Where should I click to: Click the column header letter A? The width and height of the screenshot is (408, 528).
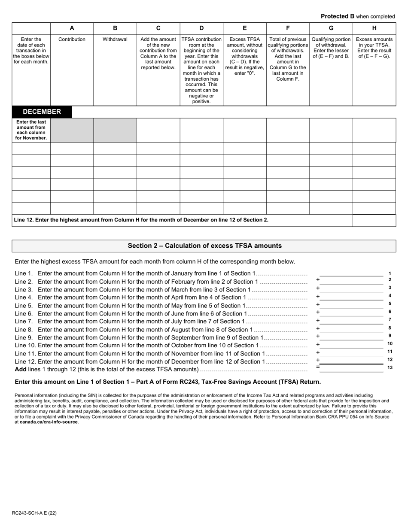click(x=72, y=28)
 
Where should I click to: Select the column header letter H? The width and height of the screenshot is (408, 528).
click(x=374, y=28)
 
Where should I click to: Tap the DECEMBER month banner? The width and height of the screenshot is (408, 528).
click(x=42, y=112)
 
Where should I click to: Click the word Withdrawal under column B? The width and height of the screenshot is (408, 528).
click(x=115, y=39)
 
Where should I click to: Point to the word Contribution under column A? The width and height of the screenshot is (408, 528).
click(x=72, y=39)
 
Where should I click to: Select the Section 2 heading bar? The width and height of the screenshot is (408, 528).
click(x=204, y=246)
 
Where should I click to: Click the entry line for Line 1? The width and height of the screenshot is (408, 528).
click(x=351, y=273)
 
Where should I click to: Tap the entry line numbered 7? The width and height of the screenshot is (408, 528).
click(x=351, y=320)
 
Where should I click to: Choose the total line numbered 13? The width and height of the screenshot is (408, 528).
click(x=351, y=368)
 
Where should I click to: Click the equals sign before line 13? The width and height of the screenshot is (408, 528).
click(x=318, y=367)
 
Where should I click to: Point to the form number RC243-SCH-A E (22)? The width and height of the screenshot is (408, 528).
click(x=34, y=513)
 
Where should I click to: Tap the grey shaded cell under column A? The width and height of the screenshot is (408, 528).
click(x=72, y=130)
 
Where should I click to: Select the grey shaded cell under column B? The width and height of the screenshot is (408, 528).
click(x=115, y=130)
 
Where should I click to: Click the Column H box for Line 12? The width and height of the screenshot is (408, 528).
click(x=374, y=220)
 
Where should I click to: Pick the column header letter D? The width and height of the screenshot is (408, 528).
click(x=201, y=28)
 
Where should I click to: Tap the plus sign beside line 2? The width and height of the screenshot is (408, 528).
click(x=318, y=279)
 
